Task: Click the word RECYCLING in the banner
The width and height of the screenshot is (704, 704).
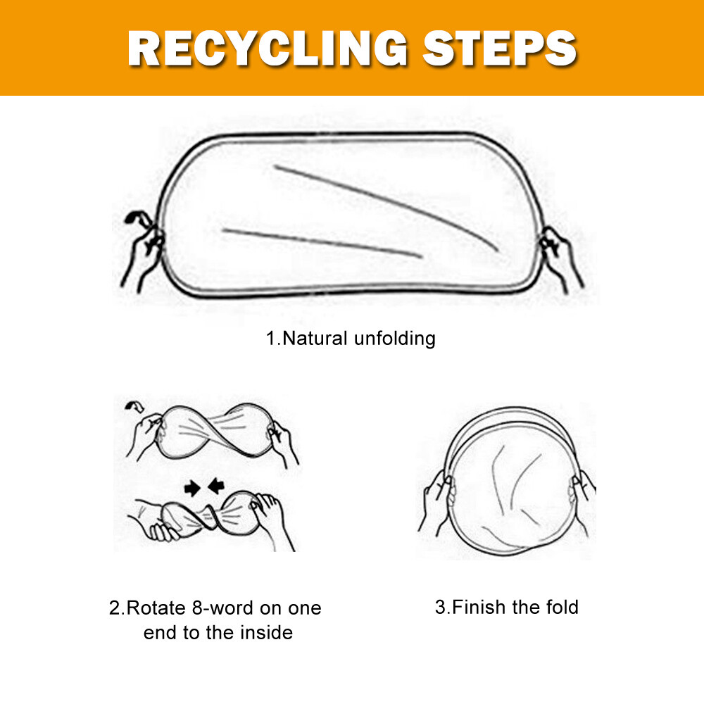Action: pyautogui.click(x=268, y=49)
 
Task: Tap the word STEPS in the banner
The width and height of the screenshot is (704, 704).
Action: pyautogui.click(x=500, y=49)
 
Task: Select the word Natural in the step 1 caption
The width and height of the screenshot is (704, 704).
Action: pyautogui.click(x=315, y=339)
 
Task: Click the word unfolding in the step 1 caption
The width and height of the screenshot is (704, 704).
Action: pyautogui.click(x=395, y=339)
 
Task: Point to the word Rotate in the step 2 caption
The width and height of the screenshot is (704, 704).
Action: pyautogui.click(x=156, y=608)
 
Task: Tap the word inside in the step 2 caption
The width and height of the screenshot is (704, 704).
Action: pyautogui.click(x=266, y=633)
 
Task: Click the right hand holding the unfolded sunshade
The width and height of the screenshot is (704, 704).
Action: pyautogui.click(x=561, y=259)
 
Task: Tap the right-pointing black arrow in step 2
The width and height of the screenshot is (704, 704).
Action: pyautogui.click(x=192, y=488)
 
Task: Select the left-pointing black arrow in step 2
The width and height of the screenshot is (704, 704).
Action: pyautogui.click(x=216, y=485)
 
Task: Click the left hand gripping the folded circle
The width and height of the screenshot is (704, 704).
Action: pyautogui.click(x=437, y=501)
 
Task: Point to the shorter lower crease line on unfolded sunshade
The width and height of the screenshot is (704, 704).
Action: pyautogui.click(x=322, y=243)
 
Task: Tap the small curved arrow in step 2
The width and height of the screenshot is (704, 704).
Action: pyautogui.click(x=134, y=406)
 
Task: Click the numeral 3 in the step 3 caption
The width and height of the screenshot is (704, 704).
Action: pyautogui.click(x=439, y=607)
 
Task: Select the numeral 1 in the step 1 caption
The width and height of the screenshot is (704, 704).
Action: pyautogui.click(x=270, y=339)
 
